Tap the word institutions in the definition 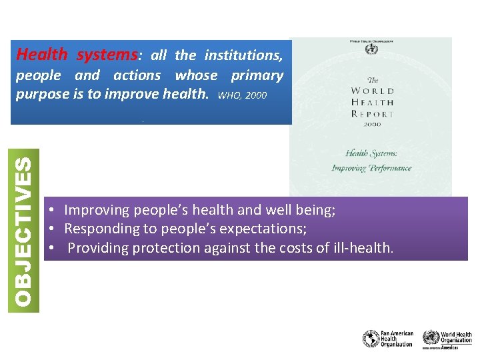(x=243, y=55)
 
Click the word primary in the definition (x=257, y=75)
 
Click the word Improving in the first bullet (x=97, y=211)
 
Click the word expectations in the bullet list (x=266, y=229)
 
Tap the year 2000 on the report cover (x=372, y=124)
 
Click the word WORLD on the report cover (x=371, y=91)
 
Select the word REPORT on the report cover (x=371, y=113)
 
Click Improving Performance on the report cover (x=371, y=168)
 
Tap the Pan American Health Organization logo (x=388, y=339)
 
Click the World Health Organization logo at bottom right (x=447, y=339)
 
